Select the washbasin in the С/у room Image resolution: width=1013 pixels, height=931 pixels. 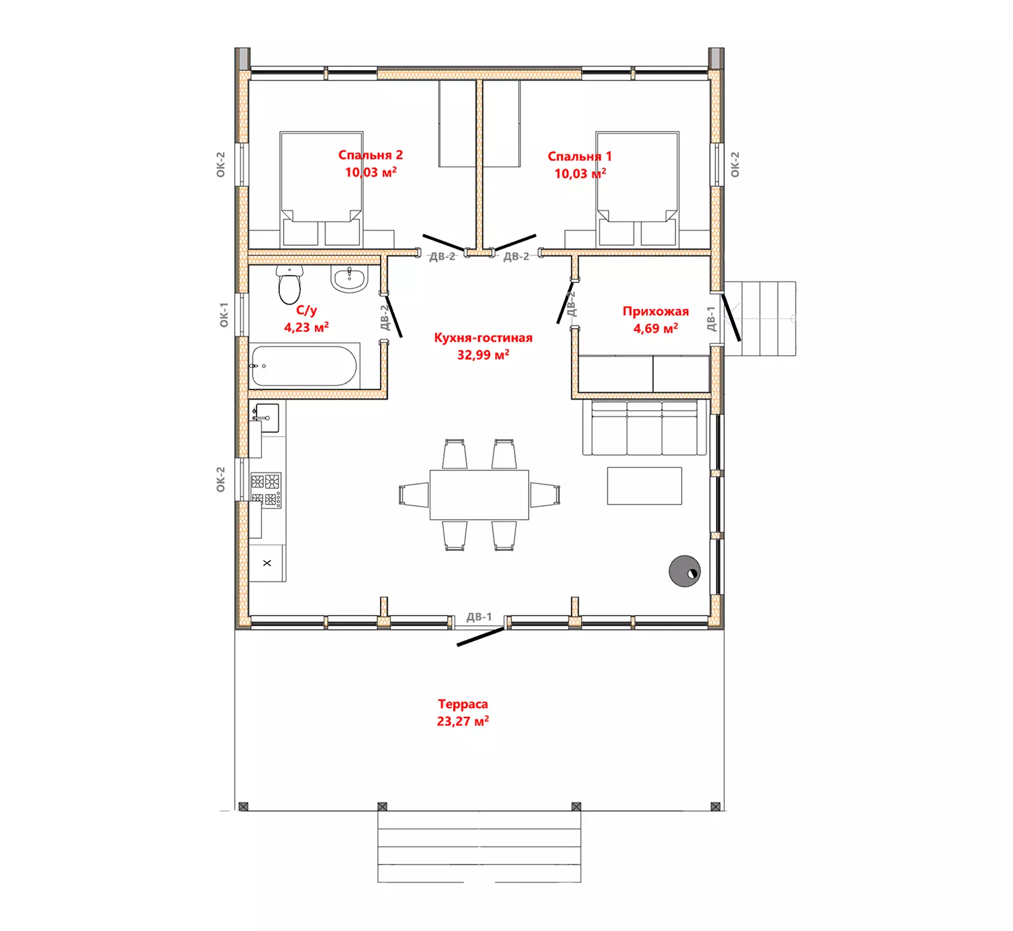[x=349, y=279]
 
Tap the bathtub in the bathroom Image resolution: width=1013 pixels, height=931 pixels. [x=305, y=365]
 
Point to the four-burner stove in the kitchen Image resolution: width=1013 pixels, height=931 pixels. [x=266, y=490]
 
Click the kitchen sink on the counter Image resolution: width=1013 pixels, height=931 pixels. [x=266, y=418]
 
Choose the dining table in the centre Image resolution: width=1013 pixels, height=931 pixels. [x=479, y=495]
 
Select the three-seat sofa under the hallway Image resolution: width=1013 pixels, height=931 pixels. [x=644, y=427]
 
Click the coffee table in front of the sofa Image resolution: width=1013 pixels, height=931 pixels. [x=645, y=486]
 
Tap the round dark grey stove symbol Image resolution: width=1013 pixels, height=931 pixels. [x=684, y=571]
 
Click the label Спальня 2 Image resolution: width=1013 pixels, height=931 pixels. [x=370, y=155]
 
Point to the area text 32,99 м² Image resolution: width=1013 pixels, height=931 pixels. [x=483, y=355]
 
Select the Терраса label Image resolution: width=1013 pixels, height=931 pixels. [x=463, y=704]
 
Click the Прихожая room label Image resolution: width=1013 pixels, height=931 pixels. [x=655, y=311]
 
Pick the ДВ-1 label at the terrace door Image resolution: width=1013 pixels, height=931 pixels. [x=479, y=617]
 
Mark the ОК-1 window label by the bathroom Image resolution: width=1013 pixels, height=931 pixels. [x=223, y=315]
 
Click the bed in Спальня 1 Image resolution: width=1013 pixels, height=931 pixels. [x=638, y=189]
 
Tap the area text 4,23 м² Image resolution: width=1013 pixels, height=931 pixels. [x=306, y=327]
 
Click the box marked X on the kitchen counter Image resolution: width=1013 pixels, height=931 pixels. [x=267, y=562]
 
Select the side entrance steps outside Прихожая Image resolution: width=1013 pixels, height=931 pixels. [x=760, y=319]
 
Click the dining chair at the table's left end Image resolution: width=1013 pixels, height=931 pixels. [x=414, y=495]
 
